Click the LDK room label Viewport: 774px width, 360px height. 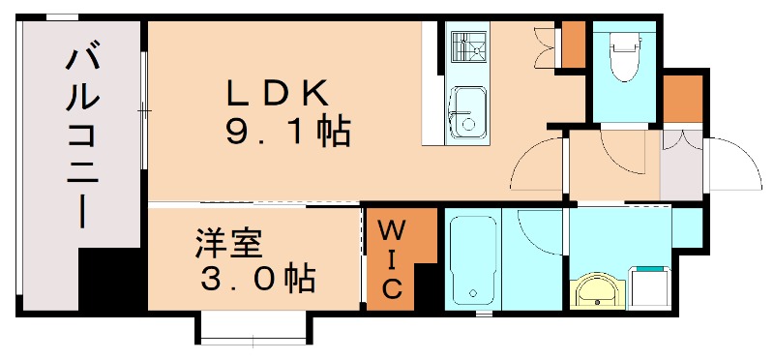[279, 94]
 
